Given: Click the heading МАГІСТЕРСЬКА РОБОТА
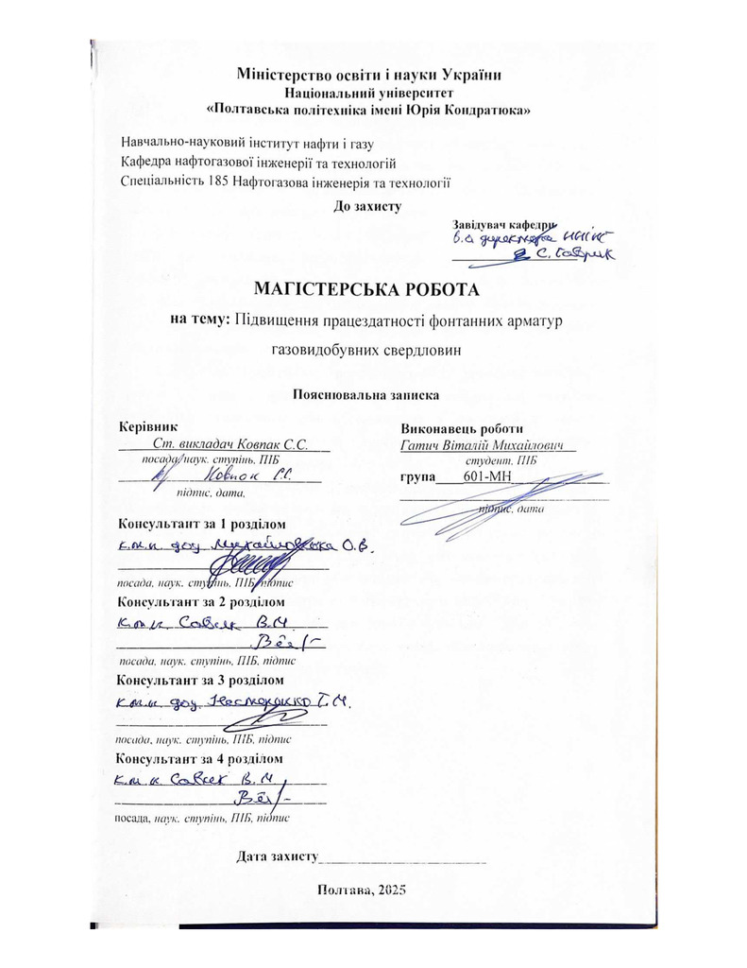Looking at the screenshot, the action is pyautogui.click(x=373, y=287).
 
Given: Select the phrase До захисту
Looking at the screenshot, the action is pyautogui.click(x=368, y=205).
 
